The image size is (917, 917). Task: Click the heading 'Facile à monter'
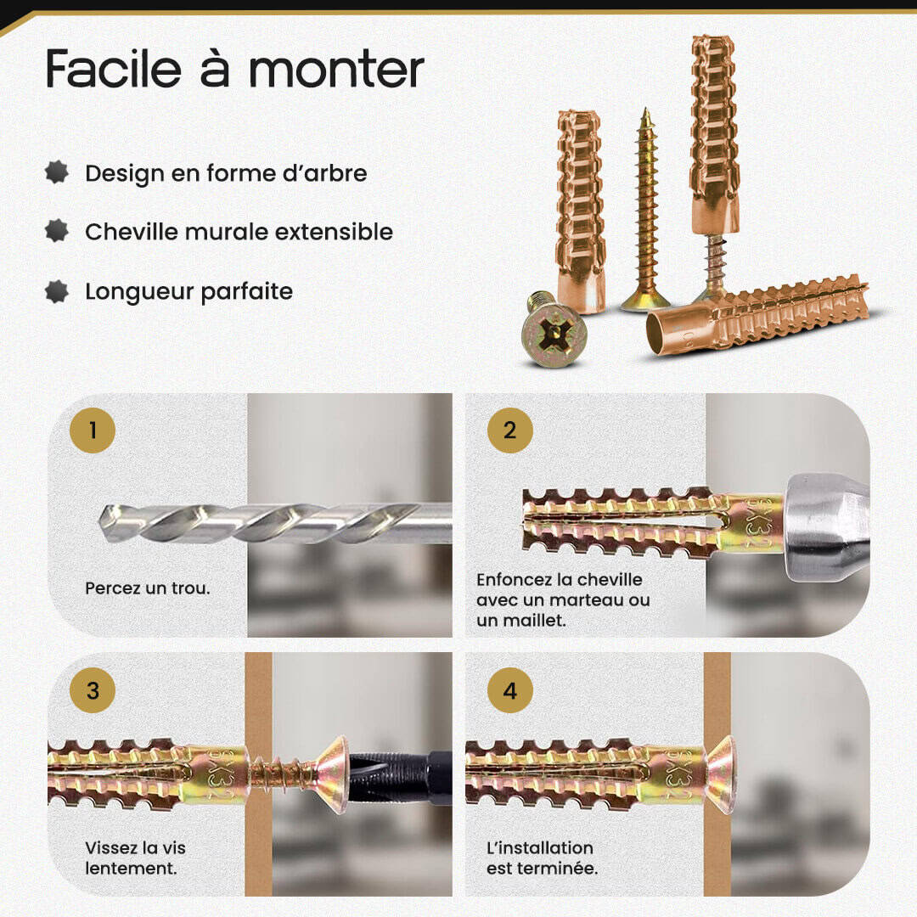[x=234, y=69]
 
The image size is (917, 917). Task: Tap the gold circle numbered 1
[x=93, y=430]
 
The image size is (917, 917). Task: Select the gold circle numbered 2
[x=510, y=430]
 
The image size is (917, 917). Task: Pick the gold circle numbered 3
[x=93, y=690]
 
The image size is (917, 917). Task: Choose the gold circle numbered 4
[x=510, y=690]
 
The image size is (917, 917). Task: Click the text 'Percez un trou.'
[x=148, y=588]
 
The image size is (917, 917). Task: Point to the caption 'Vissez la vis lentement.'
[x=135, y=858]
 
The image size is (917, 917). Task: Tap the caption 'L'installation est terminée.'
[x=542, y=858]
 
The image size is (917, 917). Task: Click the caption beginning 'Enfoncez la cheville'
[x=563, y=599]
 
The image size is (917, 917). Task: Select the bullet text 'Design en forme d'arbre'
[x=226, y=174]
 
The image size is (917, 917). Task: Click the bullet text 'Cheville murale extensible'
[x=239, y=232]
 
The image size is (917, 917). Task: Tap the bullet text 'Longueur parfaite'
[x=188, y=291]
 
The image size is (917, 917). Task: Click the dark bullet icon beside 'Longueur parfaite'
[x=57, y=291]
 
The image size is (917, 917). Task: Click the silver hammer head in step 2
[x=825, y=527]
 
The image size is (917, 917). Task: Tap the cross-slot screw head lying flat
[x=554, y=337]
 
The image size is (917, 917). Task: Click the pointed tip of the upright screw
[x=645, y=110]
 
